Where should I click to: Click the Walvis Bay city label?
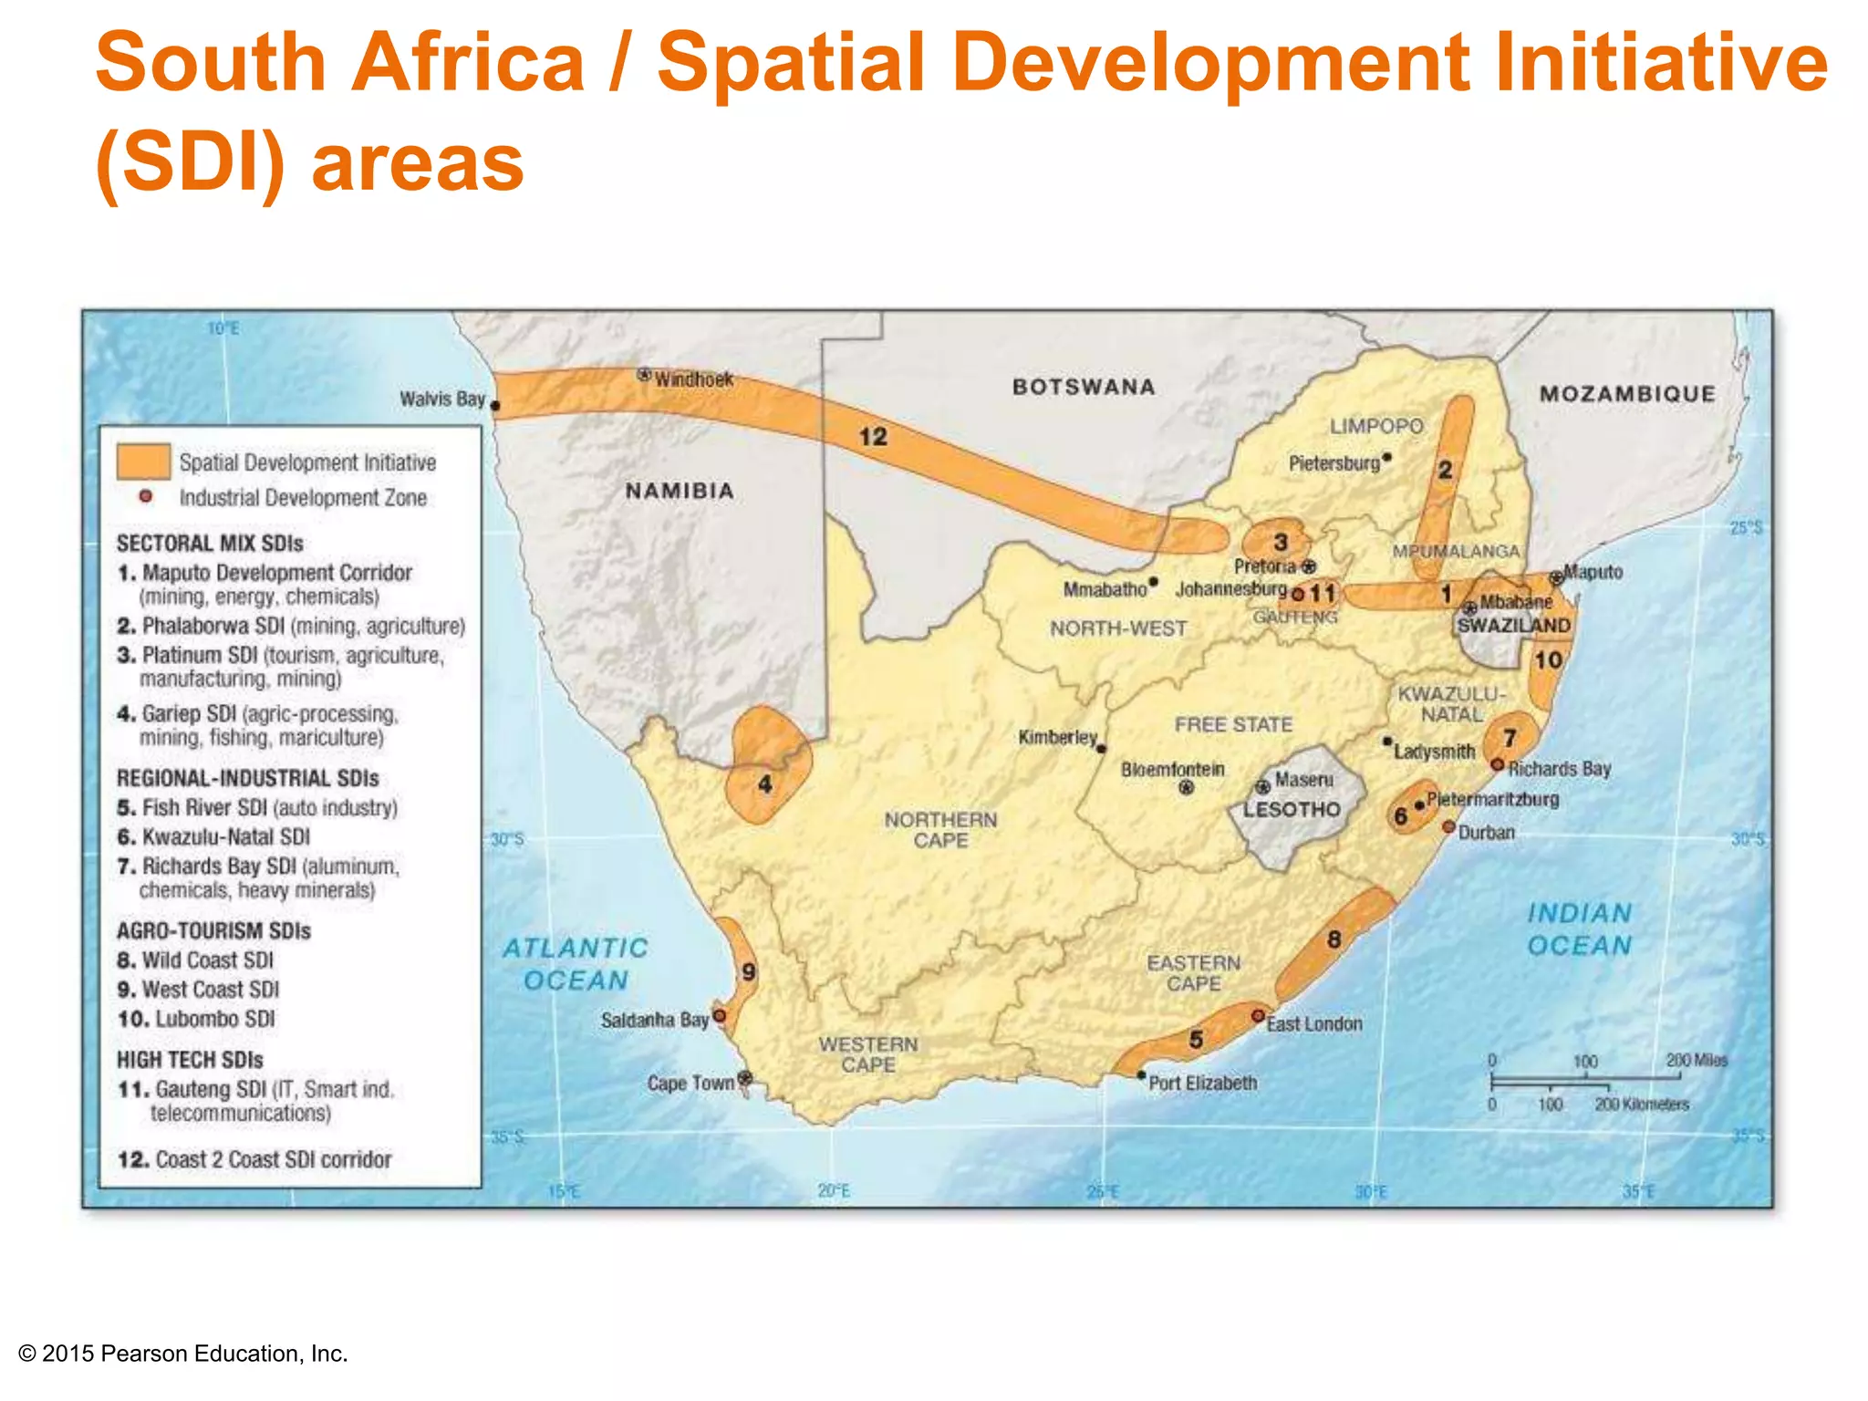pyautogui.click(x=442, y=399)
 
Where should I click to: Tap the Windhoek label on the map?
pyautogui.click(x=693, y=379)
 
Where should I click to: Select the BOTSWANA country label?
pyautogui.click(x=1084, y=387)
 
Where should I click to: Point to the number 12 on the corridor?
pyautogui.click(x=873, y=437)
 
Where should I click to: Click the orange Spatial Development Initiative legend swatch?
pyautogui.click(x=143, y=462)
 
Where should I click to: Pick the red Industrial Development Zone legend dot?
pyautogui.click(x=145, y=497)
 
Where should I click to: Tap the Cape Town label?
pyautogui.click(x=690, y=1083)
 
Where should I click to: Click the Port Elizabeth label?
pyautogui.click(x=1202, y=1083)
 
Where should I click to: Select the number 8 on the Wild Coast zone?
pyautogui.click(x=1334, y=939)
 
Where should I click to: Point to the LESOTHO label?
pyautogui.click(x=1292, y=809)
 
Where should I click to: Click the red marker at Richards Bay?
pyautogui.click(x=1497, y=764)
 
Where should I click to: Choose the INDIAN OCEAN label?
pyautogui.click(x=1580, y=929)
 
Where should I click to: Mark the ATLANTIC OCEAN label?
pyautogui.click(x=576, y=964)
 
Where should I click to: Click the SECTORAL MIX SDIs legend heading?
pyautogui.click(x=210, y=544)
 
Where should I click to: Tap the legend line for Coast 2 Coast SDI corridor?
pyautogui.click(x=255, y=1159)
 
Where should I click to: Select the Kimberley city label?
pyautogui.click(x=1057, y=736)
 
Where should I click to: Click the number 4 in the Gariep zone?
pyautogui.click(x=764, y=784)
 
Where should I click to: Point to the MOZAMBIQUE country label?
pyautogui.click(x=1627, y=394)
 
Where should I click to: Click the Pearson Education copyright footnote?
pyautogui.click(x=183, y=1354)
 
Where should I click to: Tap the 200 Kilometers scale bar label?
pyautogui.click(x=1642, y=1105)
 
